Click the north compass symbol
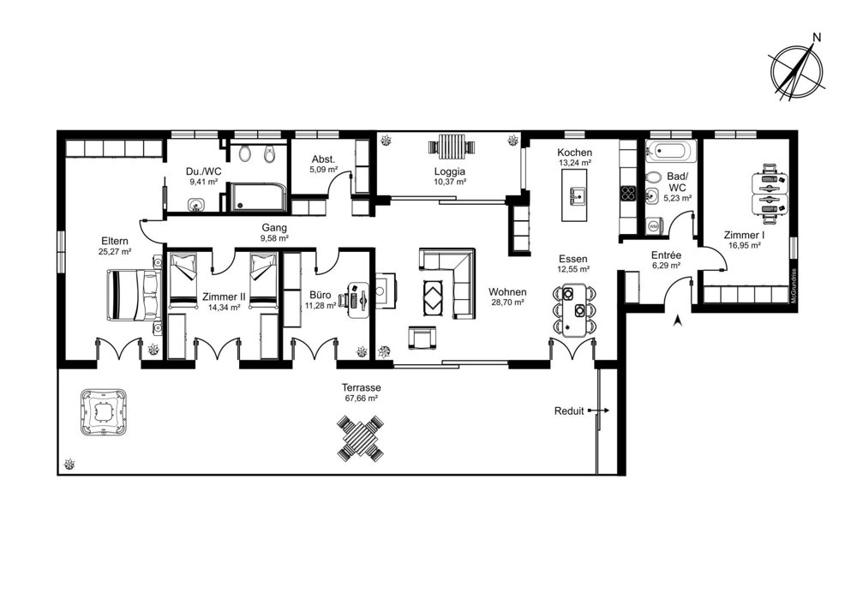click(797, 69)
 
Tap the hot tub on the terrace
click(104, 411)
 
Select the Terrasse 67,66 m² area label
click(361, 392)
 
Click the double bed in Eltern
click(134, 295)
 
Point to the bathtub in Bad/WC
click(671, 152)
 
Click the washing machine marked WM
click(653, 225)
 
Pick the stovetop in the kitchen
click(628, 193)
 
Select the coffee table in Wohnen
click(435, 297)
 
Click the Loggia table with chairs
click(450, 146)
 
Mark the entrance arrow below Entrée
click(678, 320)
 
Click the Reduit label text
click(569, 411)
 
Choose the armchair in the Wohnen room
click(422, 337)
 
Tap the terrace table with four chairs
click(360, 438)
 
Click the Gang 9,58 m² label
click(274, 232)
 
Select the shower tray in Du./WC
click(257, 197)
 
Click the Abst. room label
click(324, 159)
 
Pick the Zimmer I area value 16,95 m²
click(745, 245)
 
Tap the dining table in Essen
click(574, 309)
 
